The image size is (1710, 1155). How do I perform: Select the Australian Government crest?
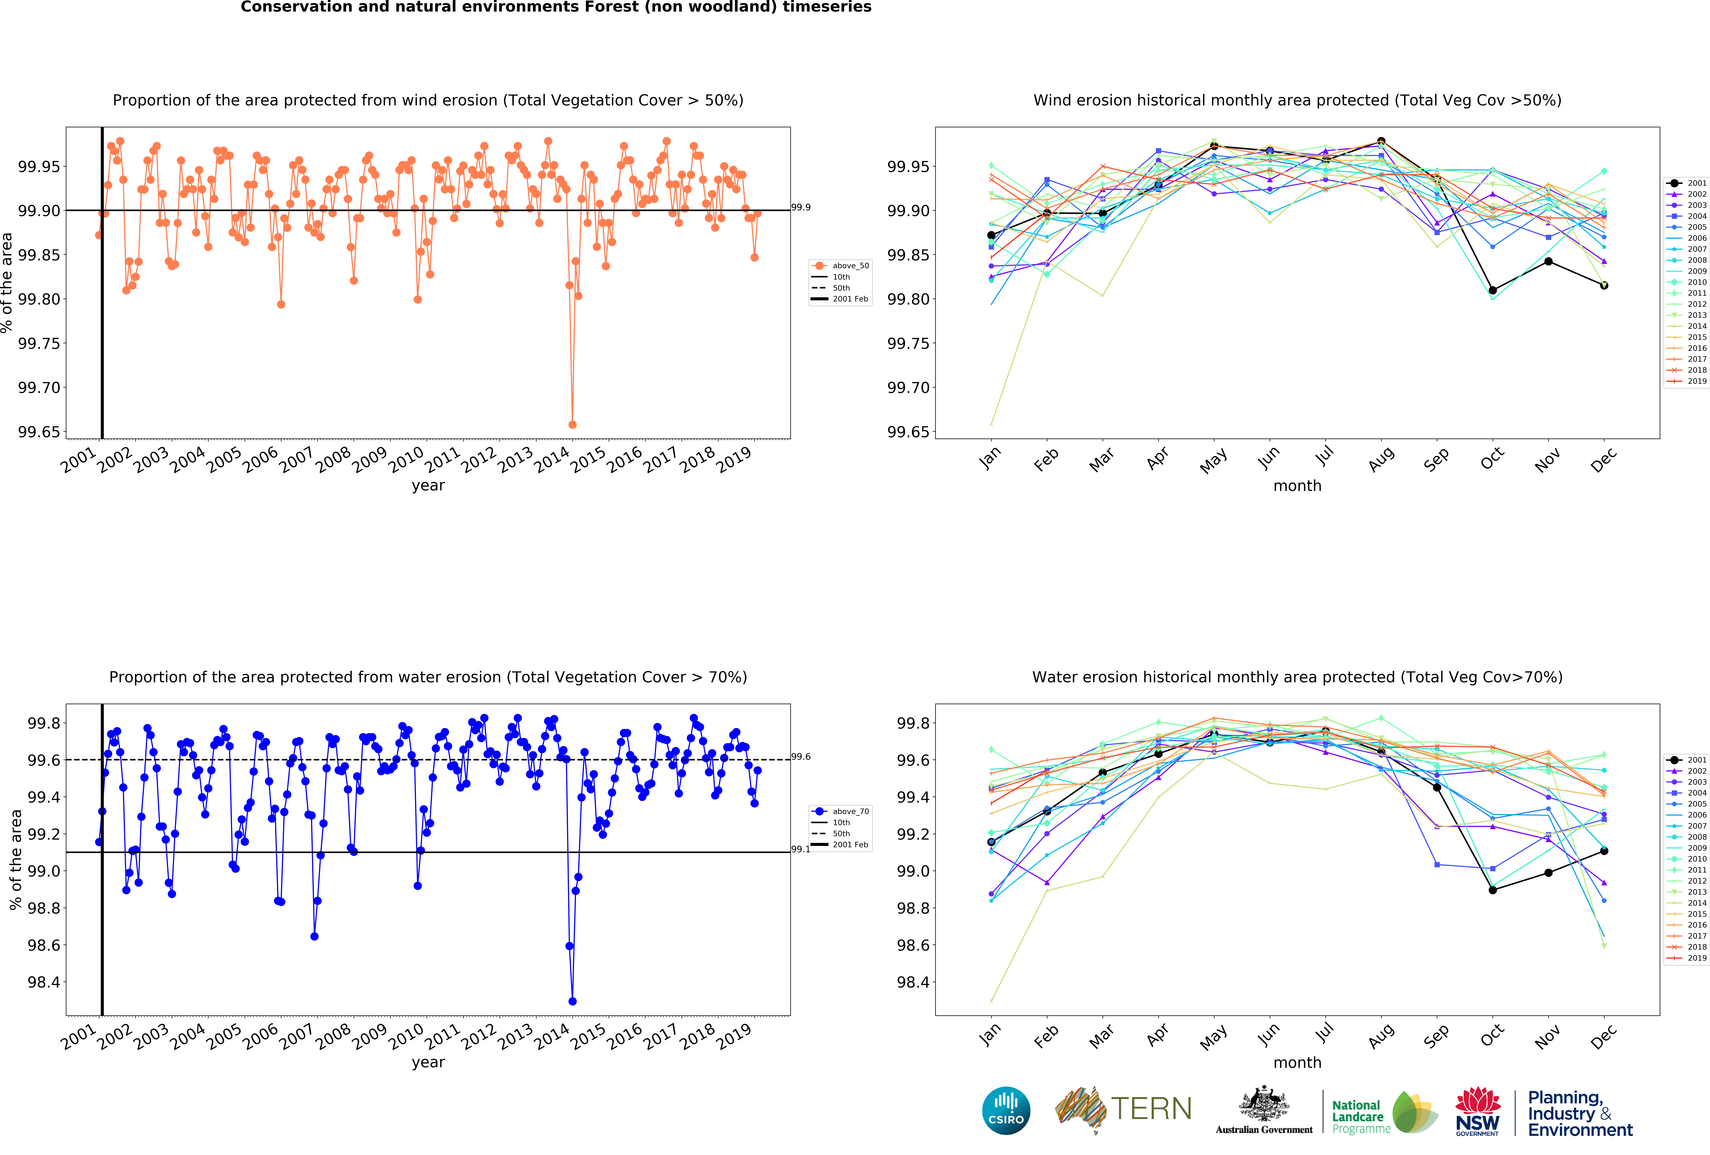(1263, 1103)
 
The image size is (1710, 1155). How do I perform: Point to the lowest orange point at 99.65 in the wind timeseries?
(573, 424)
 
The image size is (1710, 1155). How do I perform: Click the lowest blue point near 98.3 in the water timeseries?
(573, 1001)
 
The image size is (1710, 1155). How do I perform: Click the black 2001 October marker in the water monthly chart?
(1492, 890)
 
